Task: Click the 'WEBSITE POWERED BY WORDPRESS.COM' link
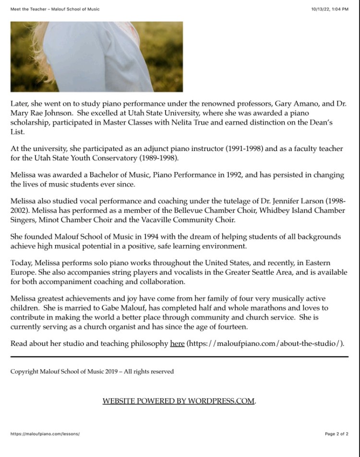click(179, 401)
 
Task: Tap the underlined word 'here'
click(177, 343)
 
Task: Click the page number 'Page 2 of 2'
click(336, 434)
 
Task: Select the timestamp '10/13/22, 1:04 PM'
click(329, 9)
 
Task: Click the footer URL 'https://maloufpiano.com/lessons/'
click(45, 434)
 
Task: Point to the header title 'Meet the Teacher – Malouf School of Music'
click(55, 9)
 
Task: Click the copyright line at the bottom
click(92, 371)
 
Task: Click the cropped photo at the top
click(96, 57)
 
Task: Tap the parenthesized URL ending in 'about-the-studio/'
click(265, 343)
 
